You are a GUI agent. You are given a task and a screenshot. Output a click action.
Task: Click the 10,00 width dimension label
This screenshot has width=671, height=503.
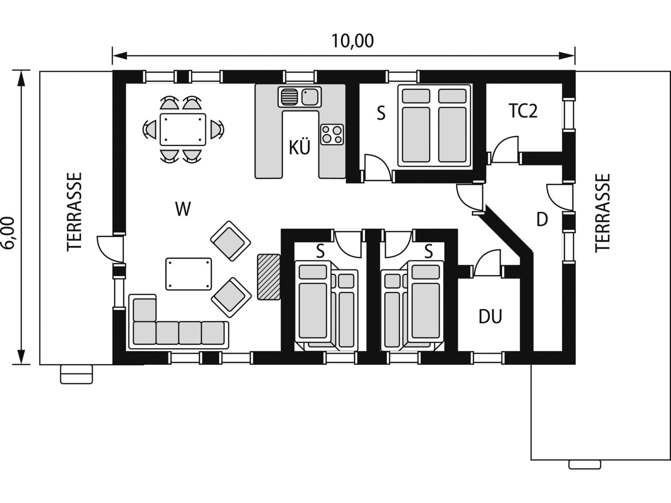(x=352, y=41)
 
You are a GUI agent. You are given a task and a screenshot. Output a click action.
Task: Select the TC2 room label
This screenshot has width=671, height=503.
(x=523, y=111)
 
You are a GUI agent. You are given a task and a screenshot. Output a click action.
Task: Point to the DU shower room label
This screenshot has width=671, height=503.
(x=490, y=316)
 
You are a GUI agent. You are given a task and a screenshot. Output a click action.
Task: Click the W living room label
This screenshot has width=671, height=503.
(x=183, y=209)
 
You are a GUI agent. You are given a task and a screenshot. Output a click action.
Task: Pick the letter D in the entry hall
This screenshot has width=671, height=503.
(x=542, y=219)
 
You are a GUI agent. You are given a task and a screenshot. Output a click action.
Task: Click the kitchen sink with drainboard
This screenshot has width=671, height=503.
(x=300, y=97)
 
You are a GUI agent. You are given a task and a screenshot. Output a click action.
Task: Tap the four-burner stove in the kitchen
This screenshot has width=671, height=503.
(x=332, y=134)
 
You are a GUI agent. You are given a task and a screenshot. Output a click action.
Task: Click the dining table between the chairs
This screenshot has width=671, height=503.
(x=183, y=129)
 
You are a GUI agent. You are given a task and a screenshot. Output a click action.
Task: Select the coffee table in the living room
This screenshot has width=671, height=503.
(x=189, y=274)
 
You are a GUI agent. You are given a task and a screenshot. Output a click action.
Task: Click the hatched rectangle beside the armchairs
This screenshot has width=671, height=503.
(x=269, y=277)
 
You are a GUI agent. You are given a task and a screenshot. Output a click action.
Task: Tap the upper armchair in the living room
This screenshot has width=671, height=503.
(x=230, y=241)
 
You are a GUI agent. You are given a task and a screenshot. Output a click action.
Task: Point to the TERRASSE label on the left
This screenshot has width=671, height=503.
(x=74, y=212)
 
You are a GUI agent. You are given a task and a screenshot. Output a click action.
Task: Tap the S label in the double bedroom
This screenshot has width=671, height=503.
(x=381, y=114)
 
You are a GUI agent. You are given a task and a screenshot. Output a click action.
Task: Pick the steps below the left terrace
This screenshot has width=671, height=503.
(x=77, y=374)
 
